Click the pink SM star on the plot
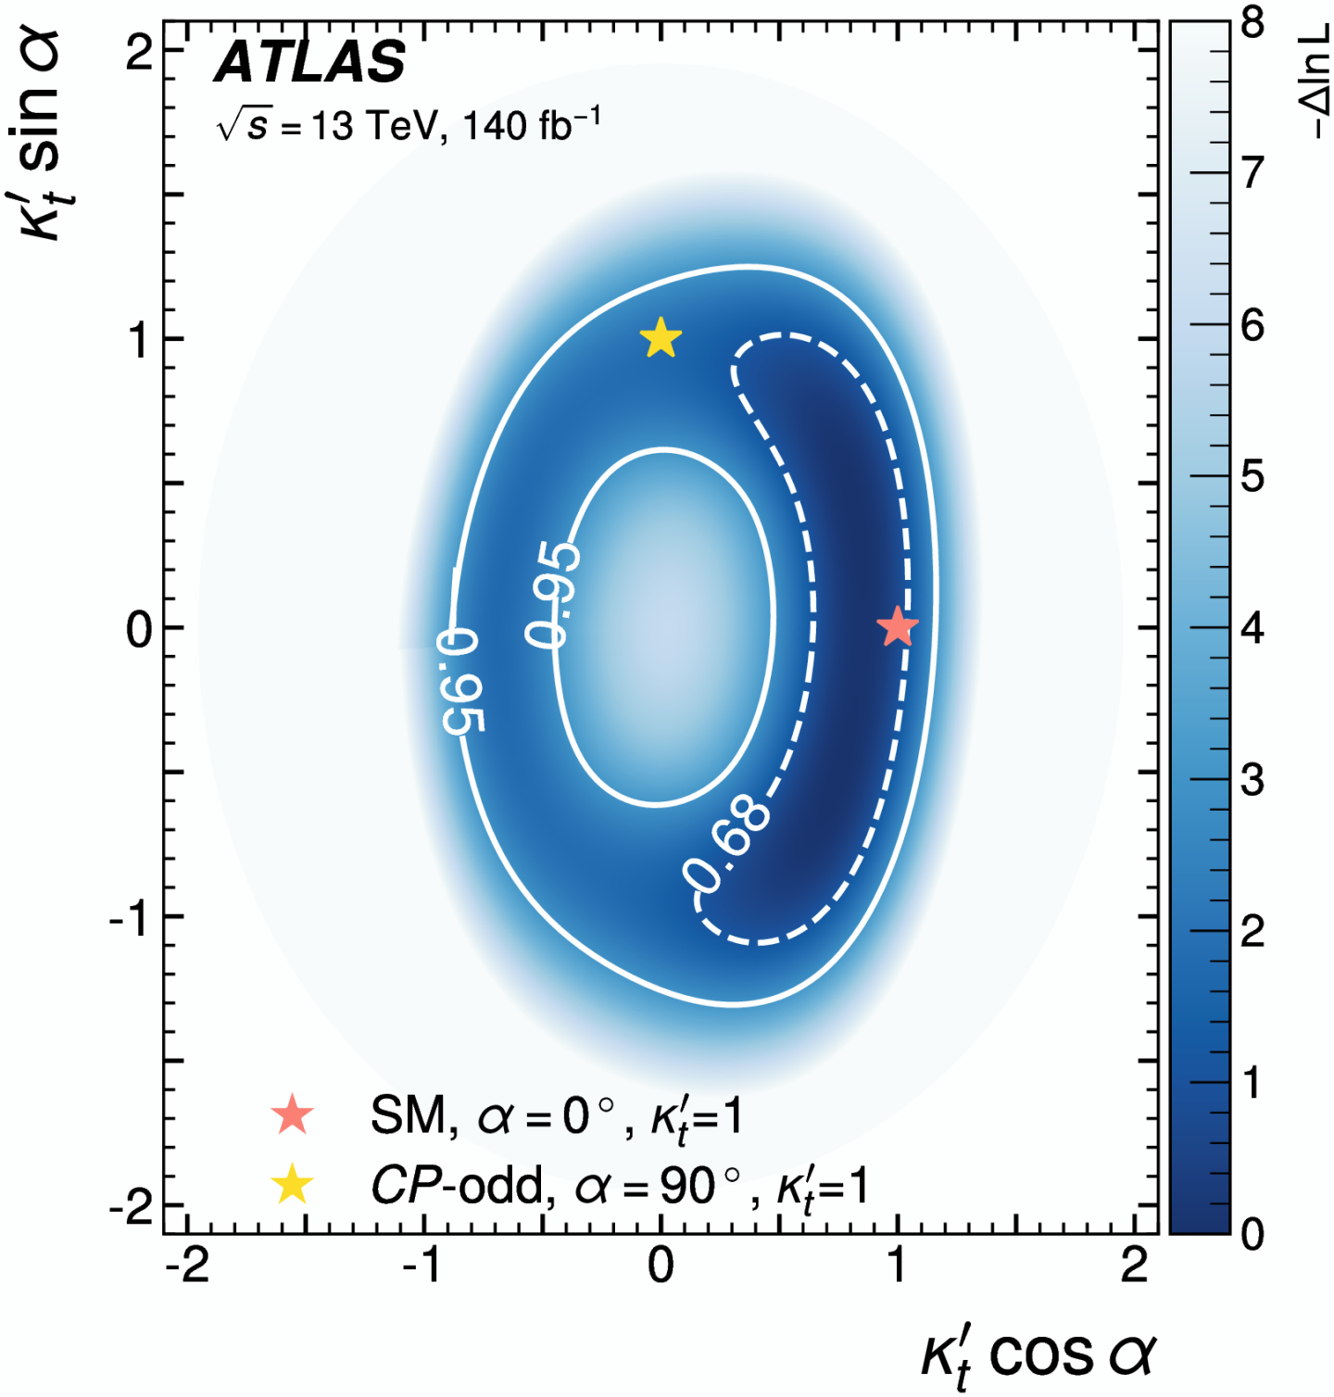897,628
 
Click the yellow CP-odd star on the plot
661,338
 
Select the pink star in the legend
293,1114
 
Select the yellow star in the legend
293,1185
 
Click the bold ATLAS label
310,62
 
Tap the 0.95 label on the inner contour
553,594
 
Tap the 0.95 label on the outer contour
460,680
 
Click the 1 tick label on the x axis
897,1265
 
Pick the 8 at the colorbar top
1252,22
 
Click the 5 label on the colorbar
1252,477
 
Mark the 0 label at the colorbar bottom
1252,1233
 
